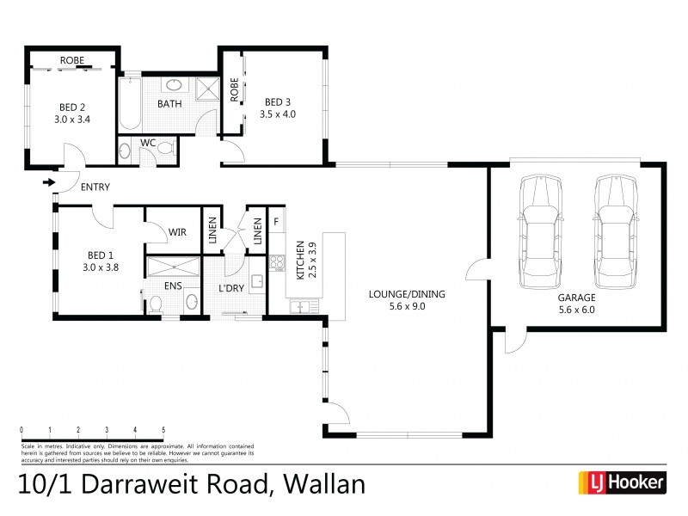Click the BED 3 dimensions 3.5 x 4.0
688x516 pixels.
[x=279, y=114]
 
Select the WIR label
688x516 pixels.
[x=177, y=231]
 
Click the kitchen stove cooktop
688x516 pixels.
[x=277, y=262]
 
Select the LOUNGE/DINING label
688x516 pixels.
[x=407, y=293]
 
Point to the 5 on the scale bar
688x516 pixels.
[x=163, y=428]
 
